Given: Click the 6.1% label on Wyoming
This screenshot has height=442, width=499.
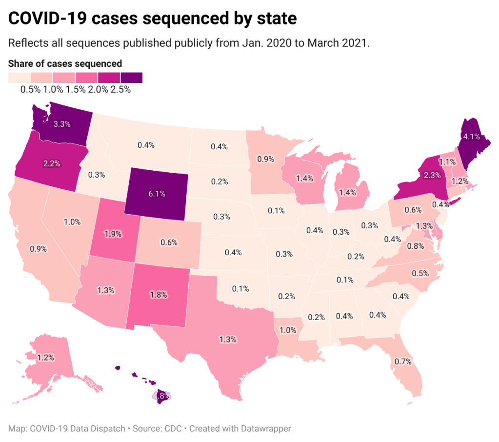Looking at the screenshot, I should point(157,194).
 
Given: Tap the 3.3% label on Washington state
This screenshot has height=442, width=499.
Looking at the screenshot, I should point(62,124).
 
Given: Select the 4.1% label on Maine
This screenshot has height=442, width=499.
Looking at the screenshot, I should point(472,137).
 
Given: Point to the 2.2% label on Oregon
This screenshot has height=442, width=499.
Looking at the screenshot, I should point(52,163).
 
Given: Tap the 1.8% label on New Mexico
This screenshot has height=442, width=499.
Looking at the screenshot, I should point(159,295).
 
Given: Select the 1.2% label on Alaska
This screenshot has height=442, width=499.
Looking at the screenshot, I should point(45,358).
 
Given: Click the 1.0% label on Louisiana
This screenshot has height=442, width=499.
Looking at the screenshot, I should point(287,330).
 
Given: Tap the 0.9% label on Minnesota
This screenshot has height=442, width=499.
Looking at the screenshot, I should point(265,159).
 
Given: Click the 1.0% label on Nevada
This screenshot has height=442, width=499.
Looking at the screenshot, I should point(72,221).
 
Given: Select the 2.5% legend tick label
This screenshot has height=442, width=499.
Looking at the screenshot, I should point(120,89).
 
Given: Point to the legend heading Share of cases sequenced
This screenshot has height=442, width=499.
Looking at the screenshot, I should point(65,63).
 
